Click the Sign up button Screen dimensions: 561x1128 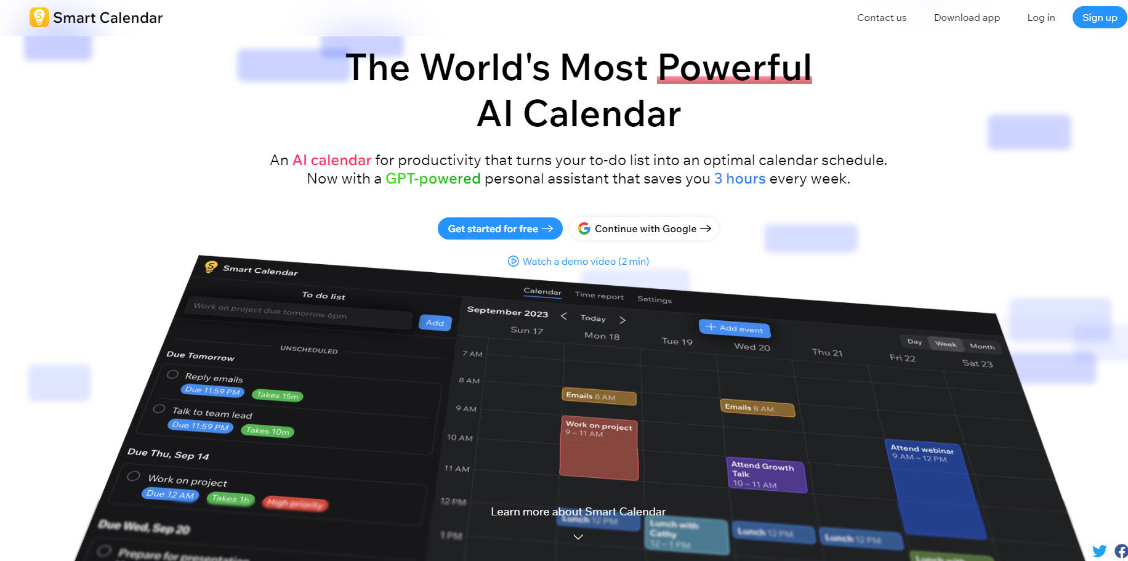[x=1099, y=18]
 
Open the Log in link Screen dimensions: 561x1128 [x=1041, y=18]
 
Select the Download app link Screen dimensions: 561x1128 [x=967, y=18]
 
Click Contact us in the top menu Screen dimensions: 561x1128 [x=881, y=18]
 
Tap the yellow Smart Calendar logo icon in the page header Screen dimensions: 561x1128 [x=39, y=17]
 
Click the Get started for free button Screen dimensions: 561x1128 [x=499, y=228]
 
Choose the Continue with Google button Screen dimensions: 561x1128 [x=644, y=228]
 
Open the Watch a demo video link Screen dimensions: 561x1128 [x=578, y=261]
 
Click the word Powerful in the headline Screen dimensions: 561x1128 [x=734, y=67]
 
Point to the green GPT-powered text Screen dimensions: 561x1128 [x=432, y=179]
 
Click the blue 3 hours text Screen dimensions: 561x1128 [x=739, y=179]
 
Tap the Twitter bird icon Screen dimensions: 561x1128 [x=1099, y=551]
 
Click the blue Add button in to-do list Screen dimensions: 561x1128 [x=435, y=323]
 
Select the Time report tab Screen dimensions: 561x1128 [x=599, y=296]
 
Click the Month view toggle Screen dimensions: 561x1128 [x=981, y=347]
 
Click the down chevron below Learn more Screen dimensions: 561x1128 [x=578, y=537]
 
